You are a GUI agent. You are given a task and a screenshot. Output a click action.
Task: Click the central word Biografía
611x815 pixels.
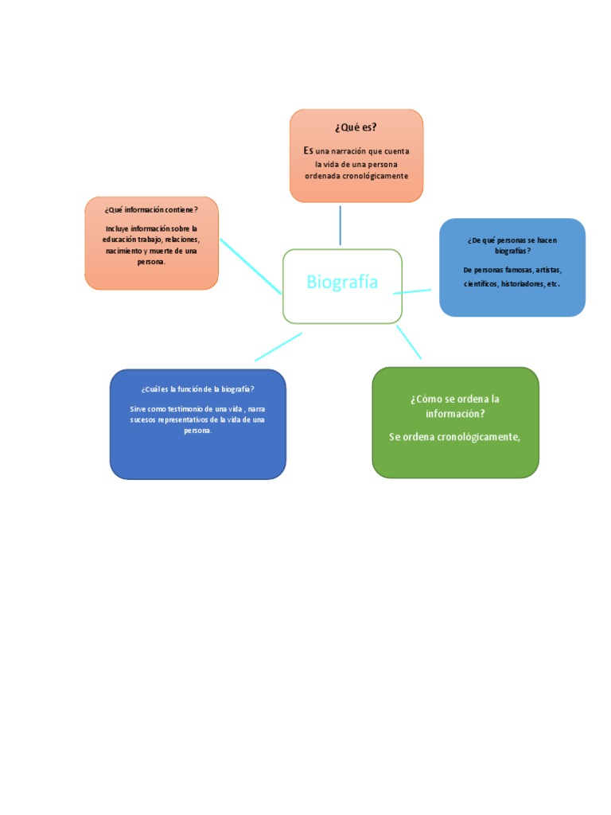[342, 282]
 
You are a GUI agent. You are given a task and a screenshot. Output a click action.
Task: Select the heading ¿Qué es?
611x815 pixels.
[356, 127]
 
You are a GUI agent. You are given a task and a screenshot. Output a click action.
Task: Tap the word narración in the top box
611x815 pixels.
[349, 151]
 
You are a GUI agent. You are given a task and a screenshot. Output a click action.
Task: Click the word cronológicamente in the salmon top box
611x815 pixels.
[378, 176]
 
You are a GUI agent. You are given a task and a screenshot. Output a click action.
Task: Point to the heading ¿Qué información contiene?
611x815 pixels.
[151, 210]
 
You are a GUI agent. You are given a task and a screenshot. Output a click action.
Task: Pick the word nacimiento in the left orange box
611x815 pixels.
[123, 251]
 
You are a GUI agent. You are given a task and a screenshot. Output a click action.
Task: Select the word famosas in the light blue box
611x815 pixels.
[519, 271]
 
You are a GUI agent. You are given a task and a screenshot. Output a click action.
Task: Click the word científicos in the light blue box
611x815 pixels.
[481, 284]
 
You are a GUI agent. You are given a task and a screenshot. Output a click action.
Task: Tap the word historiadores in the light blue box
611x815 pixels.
[523, 284]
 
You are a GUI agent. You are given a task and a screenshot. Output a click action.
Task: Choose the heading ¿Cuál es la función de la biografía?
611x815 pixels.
[197, 389]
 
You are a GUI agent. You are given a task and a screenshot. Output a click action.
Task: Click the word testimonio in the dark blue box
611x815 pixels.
[185, 409]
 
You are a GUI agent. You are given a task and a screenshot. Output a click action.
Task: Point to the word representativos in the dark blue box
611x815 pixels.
[182, 420]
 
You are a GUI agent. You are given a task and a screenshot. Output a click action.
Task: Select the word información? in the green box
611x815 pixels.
[455, 414]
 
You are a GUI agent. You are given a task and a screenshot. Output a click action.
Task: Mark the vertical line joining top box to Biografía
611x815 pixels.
[341, 225]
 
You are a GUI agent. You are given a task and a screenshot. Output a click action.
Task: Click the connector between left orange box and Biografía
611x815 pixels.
[251, 267]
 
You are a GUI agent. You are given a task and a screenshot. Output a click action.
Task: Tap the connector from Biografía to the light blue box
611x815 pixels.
[412, 291]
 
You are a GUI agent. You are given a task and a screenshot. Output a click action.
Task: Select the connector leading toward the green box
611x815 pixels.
[409, 342]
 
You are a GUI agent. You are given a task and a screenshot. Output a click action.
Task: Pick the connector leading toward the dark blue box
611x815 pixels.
[278, 347]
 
